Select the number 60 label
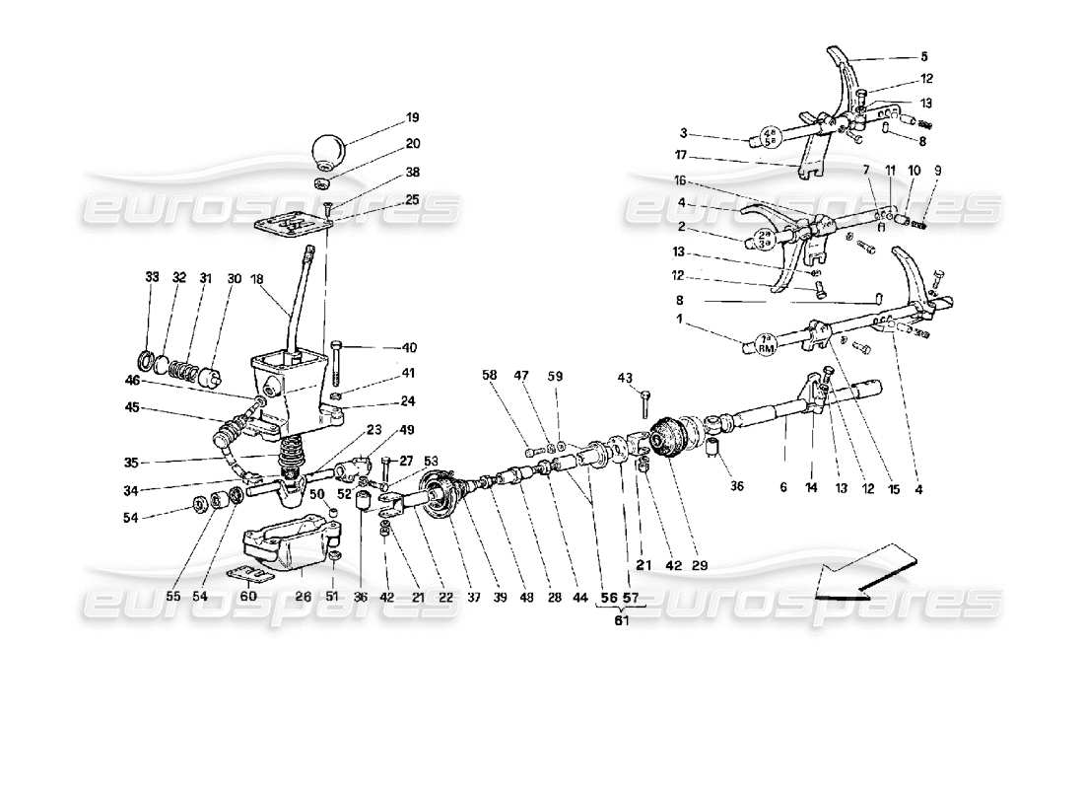tap(249, 596)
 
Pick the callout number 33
tap(151, 278)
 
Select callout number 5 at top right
tap(923, 56)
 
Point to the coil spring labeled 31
tap(181, 372)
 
